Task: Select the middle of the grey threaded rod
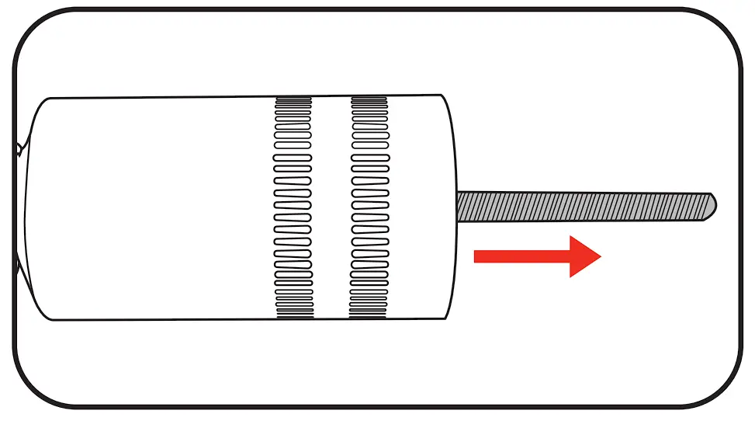586,206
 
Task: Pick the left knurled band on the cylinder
293,207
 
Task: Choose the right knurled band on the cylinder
369,207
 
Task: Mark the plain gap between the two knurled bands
331,207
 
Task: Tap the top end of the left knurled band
293,99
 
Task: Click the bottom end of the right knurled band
369,315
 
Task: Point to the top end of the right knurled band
369,99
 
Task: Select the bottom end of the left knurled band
294,315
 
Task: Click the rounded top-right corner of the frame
726,27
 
